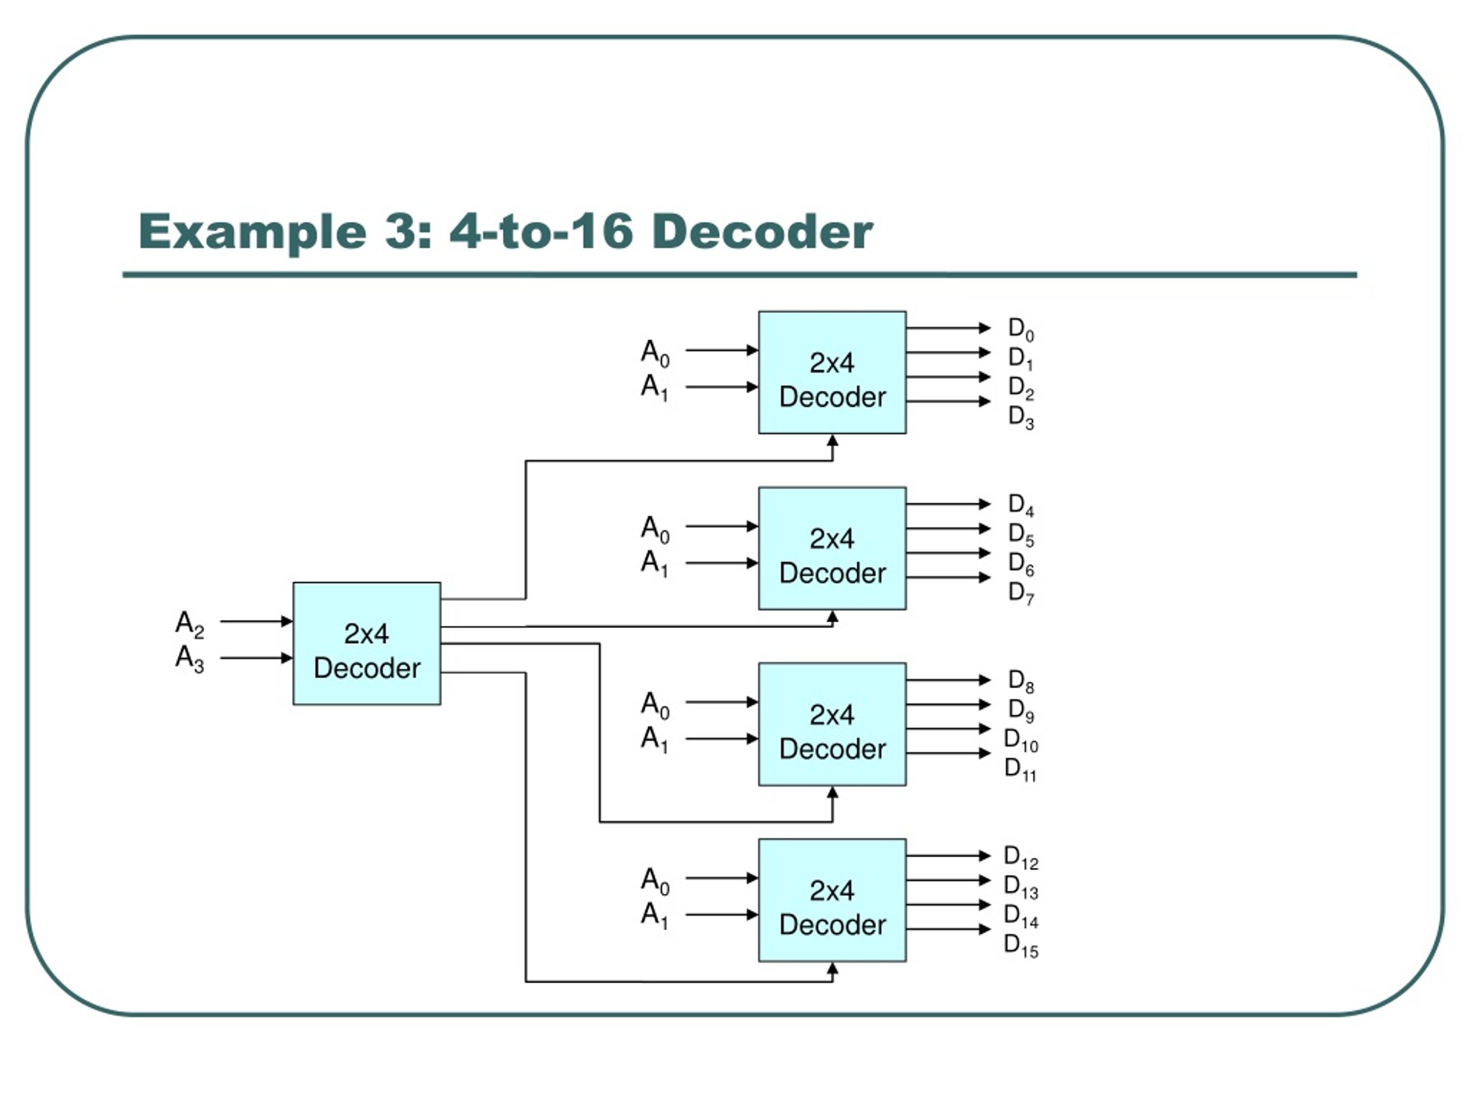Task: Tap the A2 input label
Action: point(189,624)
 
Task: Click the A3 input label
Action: point(189,659)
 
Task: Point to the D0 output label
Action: point(1021,329)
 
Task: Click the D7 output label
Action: point(1021,593)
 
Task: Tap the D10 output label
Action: point(1021,740)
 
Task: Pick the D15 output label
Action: point(1021,945)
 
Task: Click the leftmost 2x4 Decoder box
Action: point(367,644)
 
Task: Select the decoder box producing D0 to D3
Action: point(832,372)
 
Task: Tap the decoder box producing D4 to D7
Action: point(832,548)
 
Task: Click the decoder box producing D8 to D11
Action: point(832,724)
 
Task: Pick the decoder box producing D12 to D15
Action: point(832,899)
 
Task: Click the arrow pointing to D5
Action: point(948,528)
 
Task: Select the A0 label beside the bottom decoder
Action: point(654,881)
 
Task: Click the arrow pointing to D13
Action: point(948,881)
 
